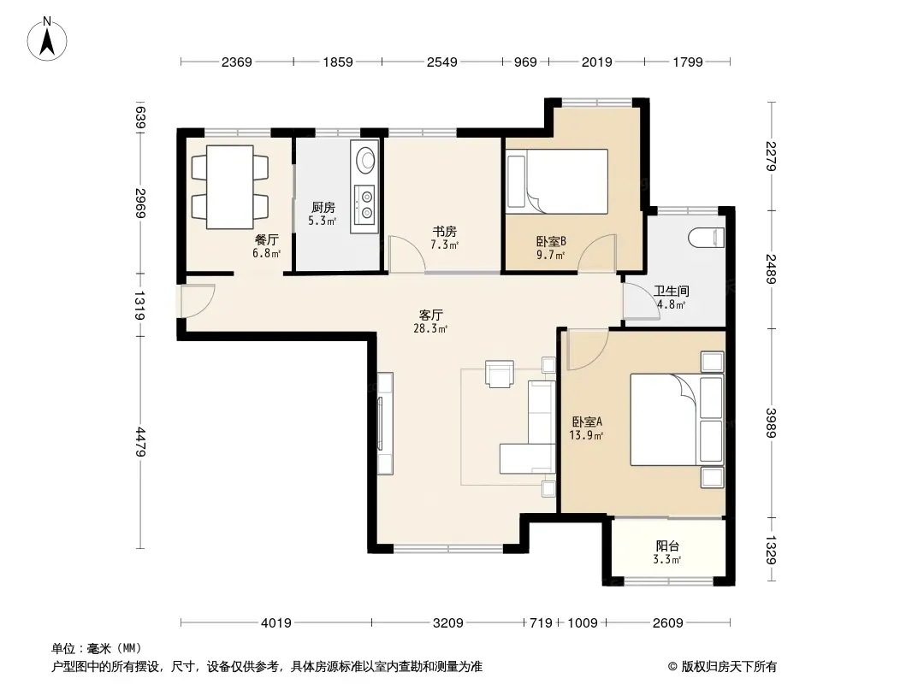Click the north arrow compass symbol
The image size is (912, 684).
coord(47,39)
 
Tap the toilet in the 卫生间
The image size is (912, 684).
coord(706,239)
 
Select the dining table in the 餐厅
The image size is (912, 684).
coord(230,187)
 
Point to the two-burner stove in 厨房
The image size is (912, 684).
coord(365,204)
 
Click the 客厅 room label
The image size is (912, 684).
coord(431,315)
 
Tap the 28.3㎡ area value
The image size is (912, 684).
coord(430,329)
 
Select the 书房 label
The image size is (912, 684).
coord(444,232)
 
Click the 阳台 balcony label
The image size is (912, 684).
coord(667,545)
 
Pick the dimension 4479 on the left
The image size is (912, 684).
coord(140,442)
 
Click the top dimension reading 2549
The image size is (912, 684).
coord(442,62)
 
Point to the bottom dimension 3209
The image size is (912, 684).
coord(447,623)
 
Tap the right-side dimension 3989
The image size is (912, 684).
coord(771,423)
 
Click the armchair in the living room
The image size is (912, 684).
coord(500,374)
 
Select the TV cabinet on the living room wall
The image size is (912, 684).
coord(384,423)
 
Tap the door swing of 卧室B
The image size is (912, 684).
coord(597,253)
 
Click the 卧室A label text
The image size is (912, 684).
coord(587,422)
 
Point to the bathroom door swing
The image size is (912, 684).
coord(641,300)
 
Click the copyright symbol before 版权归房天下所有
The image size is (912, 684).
coord(672,667)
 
